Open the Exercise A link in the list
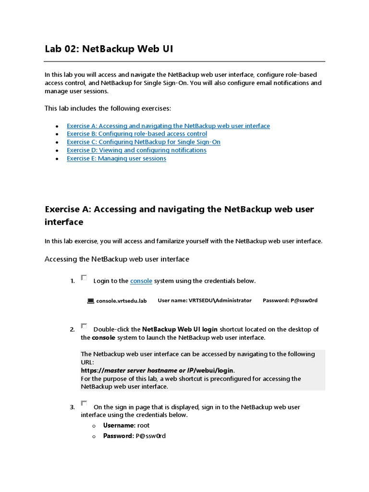[168, 126]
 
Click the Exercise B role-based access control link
[137, 134]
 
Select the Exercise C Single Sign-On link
[144, 142]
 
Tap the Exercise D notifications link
[136, 150]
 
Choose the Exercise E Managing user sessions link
[116, 159]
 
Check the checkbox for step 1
[84, 278]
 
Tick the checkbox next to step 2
[84, 326]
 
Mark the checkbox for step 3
[84, 404]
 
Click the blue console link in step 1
[141, 281]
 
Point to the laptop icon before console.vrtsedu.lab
[90, 301]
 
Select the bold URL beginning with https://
[157, 371]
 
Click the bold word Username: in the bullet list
[119, 426]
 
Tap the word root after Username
[144, 426]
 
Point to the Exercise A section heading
[179, 216]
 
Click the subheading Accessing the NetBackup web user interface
[117, 259]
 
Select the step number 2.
[72, 330]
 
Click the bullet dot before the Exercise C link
[57, 143]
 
